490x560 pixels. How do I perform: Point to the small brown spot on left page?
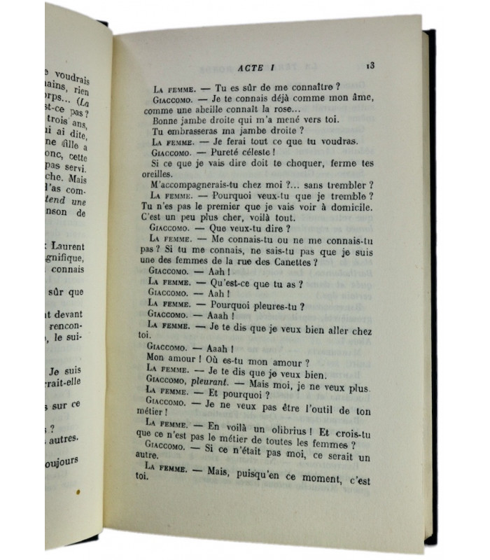click(79, 492)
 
